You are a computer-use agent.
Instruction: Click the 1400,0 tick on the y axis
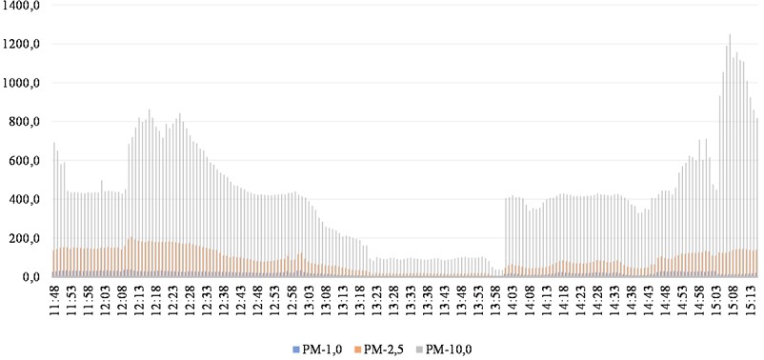(x=24, y=6)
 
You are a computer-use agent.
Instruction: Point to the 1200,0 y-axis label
(x=24, y=45)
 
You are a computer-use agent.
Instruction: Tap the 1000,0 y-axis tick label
(x=24, y=84)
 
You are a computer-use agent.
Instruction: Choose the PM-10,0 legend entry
(x=452, y=349)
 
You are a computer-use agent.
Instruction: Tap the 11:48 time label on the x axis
(x=55, y=303)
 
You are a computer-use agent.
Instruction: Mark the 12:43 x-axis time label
(x=248, y=303)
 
